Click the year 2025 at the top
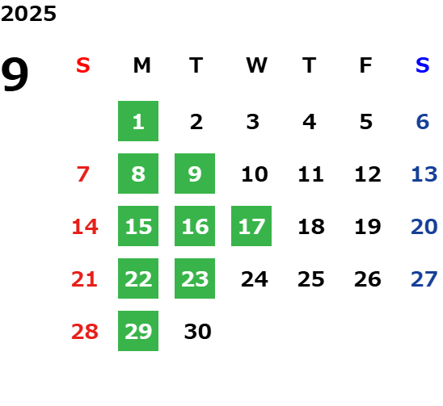click(x=28, y=14)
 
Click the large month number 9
click(x=15, y=74)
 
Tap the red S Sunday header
click(x=83, y=65)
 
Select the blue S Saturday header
click(x=422, y=65)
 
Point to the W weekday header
click(x=256, y=65)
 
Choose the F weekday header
click(x=365, y=65)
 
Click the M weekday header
click(x=141, y=65)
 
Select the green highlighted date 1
click(x=138, y=121)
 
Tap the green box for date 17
click(x=251, y=226)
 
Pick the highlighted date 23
click(x=195, y=278)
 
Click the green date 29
click(x=138, y=331)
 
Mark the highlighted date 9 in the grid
click(x=195, y=174)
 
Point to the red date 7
click(x=83, y=174)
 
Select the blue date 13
click(x=424, y=174)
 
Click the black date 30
click(x=197, y=332)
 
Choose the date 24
click(x=255, y=279)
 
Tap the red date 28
click(x=85, y=332)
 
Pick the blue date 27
click(x=424, y=279)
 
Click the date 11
click(x=310, y=174)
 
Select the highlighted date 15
click(x=138, y=226)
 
